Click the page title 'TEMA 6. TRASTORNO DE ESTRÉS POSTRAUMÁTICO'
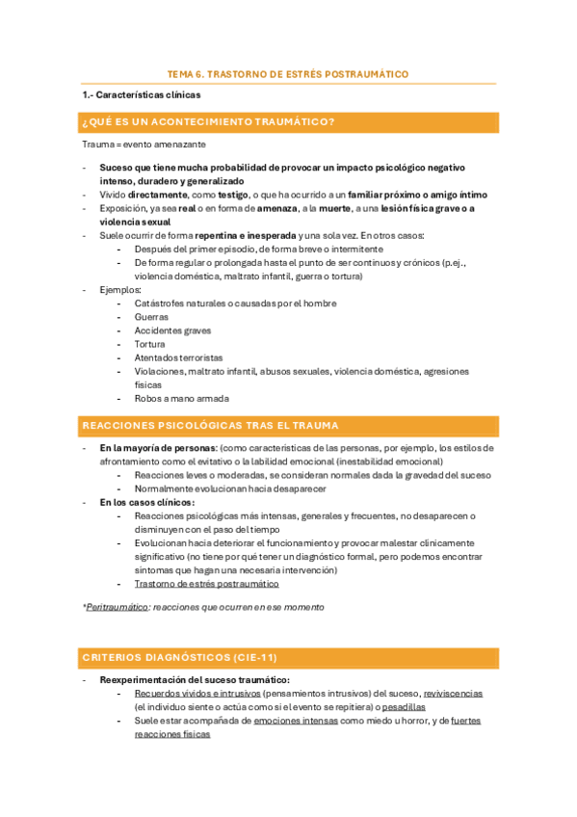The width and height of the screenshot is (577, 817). (288, 73)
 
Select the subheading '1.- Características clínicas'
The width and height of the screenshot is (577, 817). (143, 96)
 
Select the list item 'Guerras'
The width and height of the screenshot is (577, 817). (151, 317)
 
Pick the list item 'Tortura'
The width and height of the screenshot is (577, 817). (149, 344)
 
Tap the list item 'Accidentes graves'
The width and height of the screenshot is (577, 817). (172, 330)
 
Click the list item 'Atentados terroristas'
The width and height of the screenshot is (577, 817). (178, 357)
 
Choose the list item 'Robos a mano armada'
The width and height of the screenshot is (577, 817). (181, 398)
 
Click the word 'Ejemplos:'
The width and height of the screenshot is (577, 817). (120, 290)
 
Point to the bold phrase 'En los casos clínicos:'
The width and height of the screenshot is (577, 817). (146, 502)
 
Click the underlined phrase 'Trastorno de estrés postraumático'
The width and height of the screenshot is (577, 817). (206, 583)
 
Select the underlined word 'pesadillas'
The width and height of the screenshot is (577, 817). (403, 706)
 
